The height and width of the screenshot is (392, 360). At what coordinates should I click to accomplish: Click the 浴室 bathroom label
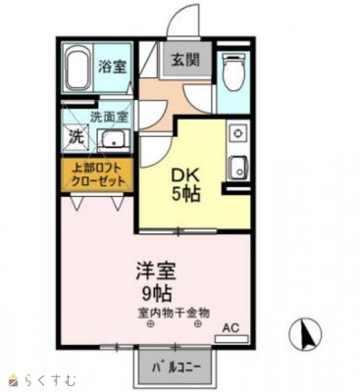tap(110, 67)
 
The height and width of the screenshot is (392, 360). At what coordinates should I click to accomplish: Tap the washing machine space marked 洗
tap(76, 137)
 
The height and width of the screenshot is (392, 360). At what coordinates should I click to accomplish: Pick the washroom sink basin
tap(113, 138)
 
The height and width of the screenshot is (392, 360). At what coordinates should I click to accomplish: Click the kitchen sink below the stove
tap(235, 166)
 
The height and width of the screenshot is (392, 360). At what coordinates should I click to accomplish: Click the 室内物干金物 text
tap(175, 314)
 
